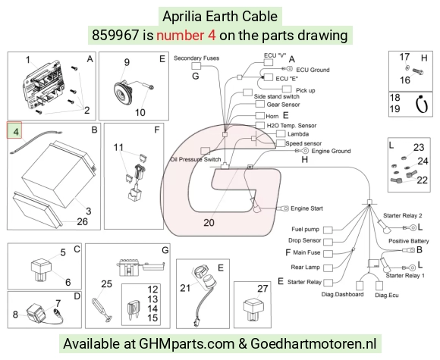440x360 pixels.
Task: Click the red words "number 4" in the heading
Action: pyautogui.click(x=186, y=36)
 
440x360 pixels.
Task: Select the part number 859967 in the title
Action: pyautogui.click(x=115, y=36)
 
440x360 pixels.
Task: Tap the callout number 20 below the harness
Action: pyautogui.click(x=209, y=222)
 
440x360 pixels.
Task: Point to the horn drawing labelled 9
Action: pyautogui.click(x=124, y=92)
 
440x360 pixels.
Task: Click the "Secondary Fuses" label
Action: pyautogui.click(x=196, y=58)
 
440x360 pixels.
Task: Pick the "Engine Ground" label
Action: pyautogui.click(x=331, y=151)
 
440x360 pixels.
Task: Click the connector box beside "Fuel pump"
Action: pyautogui.click(x=328, y=230)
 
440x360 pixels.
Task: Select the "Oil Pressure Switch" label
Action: pyautogui.click(x=196, y=159)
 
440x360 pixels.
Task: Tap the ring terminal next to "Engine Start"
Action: pyautogui.click(x=283, y=208)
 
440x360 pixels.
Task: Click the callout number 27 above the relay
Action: pyautogui.click(x=262, y=289)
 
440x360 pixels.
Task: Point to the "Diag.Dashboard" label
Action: pyautogui.click(x=342, y=294)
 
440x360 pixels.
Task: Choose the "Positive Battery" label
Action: pyautogui.click(x=409, y=241)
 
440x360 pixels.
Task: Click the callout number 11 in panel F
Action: pyautogui.click(x=118, y=147)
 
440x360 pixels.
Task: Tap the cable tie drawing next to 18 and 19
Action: pyautogui.click(x=422, y=105)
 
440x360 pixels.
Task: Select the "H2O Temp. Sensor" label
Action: pyautogui.click(x=291, y=126)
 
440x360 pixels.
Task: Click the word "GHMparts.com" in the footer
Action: pyautogui.click(x=187, y=344)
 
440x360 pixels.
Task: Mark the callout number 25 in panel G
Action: pyautogui.click(x=107, y=284)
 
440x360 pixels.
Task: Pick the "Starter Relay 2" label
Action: pyautogui.click(x=403, y=215)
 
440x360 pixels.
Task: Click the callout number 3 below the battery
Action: pyautogui.click(x=89, y=211)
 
